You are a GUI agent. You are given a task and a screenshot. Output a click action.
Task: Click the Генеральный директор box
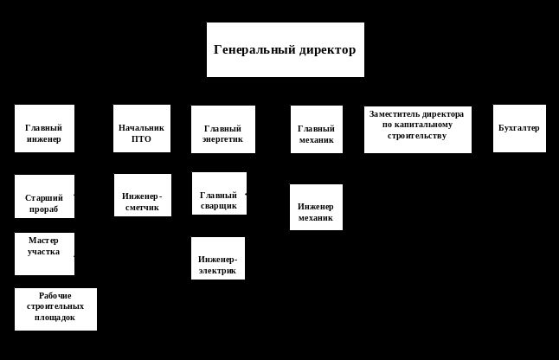coord(285,49)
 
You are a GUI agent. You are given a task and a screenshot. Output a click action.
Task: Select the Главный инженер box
coord(44,128)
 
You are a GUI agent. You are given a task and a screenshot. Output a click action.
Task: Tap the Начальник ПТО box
coord(142,128)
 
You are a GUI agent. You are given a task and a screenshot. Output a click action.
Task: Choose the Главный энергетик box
coord(223,129)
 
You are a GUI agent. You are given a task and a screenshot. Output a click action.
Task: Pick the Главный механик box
coord(316,129)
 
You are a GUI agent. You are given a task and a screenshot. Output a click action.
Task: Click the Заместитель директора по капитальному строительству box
coord(417,130)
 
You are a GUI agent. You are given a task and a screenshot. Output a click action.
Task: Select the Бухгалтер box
coord(519,128)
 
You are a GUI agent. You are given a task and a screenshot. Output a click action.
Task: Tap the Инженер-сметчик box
coord(142,195)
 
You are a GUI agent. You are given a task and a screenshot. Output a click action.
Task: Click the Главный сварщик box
coord(219,193)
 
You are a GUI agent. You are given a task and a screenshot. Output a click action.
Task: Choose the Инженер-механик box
coord(316,207)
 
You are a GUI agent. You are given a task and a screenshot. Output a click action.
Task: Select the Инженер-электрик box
coord(218,258)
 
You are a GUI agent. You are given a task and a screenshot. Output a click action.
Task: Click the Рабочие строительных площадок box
coord(55,309)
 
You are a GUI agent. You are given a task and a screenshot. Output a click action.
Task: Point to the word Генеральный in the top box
coord(247,49)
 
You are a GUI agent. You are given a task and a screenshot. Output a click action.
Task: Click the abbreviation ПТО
coord(142,138)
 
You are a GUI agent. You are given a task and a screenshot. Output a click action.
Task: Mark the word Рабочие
coord(55,296)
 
